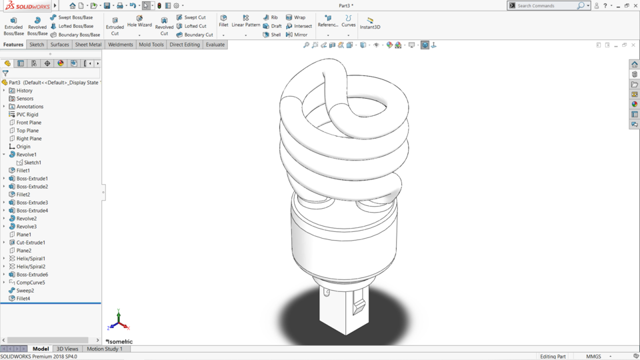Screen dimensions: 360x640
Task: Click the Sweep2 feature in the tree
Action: pyautogui.click(x=25, y=291)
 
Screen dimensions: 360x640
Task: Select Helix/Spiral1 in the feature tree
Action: pyautogui.click(x=31, y=259)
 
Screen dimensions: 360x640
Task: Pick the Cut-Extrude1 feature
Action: pyautogui.click(x=31, y=243)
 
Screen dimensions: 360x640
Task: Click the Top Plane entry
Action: pyautogui.click(x=27, y=131)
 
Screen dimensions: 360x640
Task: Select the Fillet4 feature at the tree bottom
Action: pyautogui.click(x=23, y=299)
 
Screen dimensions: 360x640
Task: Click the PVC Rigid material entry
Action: pyautogui.click(x=27, y=115)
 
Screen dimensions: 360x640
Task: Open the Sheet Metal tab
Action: pyautogui.click(x=88, y=45)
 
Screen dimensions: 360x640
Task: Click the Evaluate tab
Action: pyautogui.click(x=215, y=45)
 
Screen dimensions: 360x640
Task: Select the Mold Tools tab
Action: pyautogui.click(x=151, y=45)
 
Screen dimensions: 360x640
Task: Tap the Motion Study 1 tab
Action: pyautogui.click(x=105, y=349)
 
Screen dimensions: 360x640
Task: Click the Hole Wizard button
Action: pyautogui.click(x=139, y=21)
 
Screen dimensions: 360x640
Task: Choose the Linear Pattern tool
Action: pyautogui.click(x=245, y=21)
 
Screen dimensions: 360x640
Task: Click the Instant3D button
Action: pyautogui.click(x=370, y=23)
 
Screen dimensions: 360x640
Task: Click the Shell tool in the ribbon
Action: pyautogui.click(x=272, y=35)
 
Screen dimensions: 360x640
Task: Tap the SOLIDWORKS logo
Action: pyautogui.click(x=28, y=5)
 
